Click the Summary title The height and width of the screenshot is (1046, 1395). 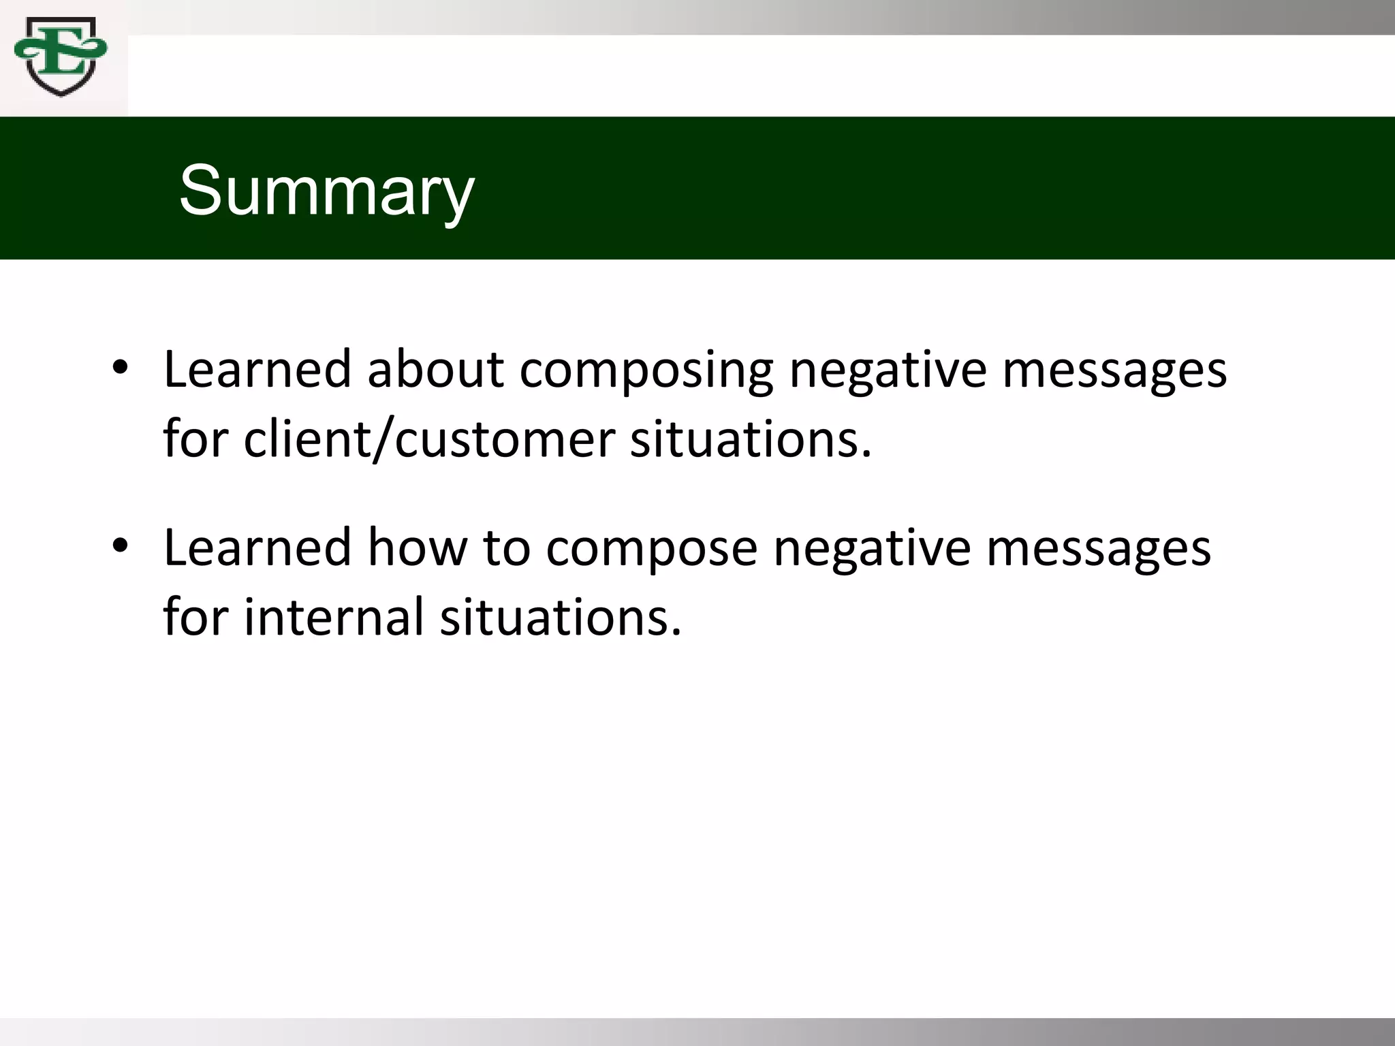(326, 191)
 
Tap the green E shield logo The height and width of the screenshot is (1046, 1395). (60, 57)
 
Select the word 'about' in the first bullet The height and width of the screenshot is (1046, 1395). (436, 370)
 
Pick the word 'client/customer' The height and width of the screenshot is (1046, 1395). (429, 439)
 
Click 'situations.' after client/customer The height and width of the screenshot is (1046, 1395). (751, 439)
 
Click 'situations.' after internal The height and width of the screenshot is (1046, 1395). (560, 618)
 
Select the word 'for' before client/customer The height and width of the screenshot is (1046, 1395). (195, 439)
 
